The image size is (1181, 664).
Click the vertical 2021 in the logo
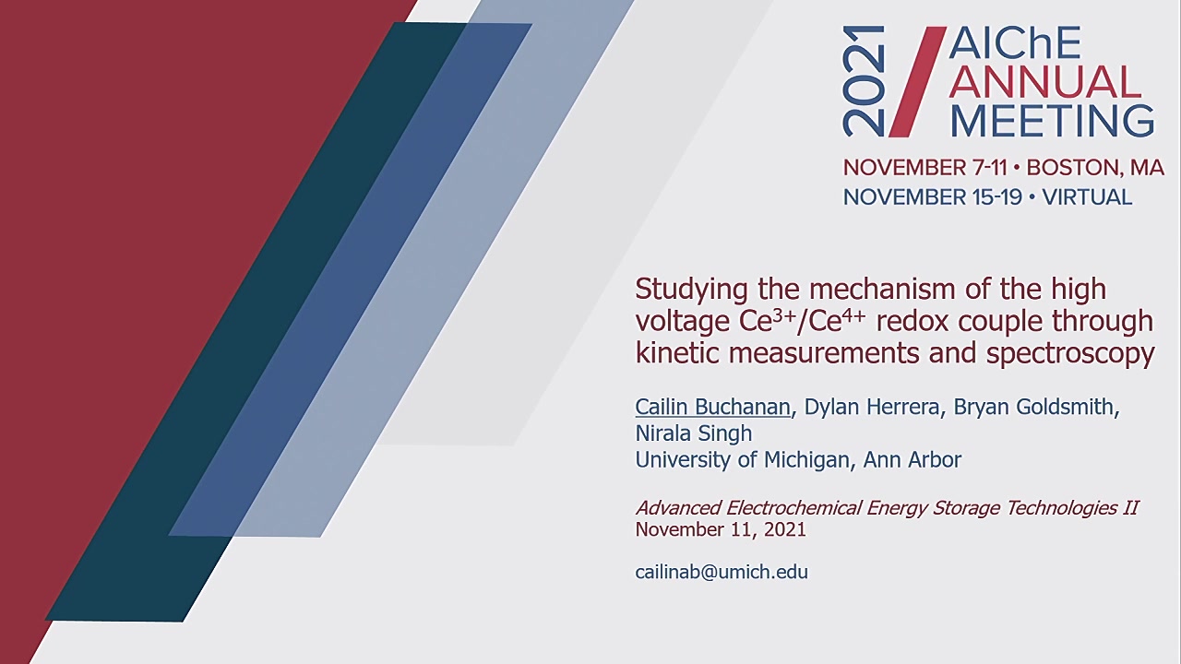click(x=863, y=81)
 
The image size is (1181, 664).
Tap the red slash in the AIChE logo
click(x=918, y=82)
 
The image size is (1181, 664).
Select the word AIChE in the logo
click(x=1015, y=43)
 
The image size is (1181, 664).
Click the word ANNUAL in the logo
click(x=1045, y=82)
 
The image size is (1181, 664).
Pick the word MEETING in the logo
click(x=1052, y=121)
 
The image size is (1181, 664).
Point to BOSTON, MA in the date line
click(x=1095, y=168)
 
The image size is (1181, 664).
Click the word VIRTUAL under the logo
click(x=1087, y=197)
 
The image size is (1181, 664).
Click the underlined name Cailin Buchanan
click(x=713, y=407)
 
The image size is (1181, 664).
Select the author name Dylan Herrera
click(x=872, y=407)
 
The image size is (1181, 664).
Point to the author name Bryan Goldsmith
click(x=1032, y=407)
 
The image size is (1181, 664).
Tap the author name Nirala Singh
click(x=694, y=433)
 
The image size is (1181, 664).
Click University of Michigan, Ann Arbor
click(x=798, y=459)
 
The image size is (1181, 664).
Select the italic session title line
click(x=887, y=507)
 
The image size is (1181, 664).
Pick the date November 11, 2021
click(x=721, y=529)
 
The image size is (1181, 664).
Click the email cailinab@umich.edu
click(x=722, y=572)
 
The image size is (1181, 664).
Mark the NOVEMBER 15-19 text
click(x=933, y=197)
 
